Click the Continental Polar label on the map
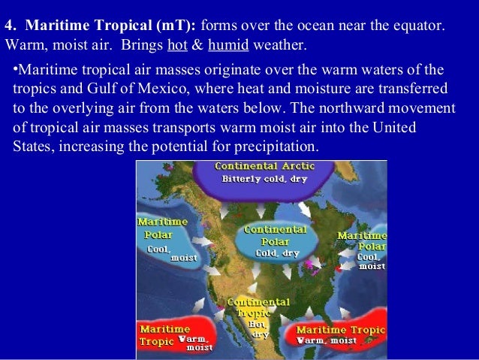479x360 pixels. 276,236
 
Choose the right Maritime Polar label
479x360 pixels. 363,241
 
